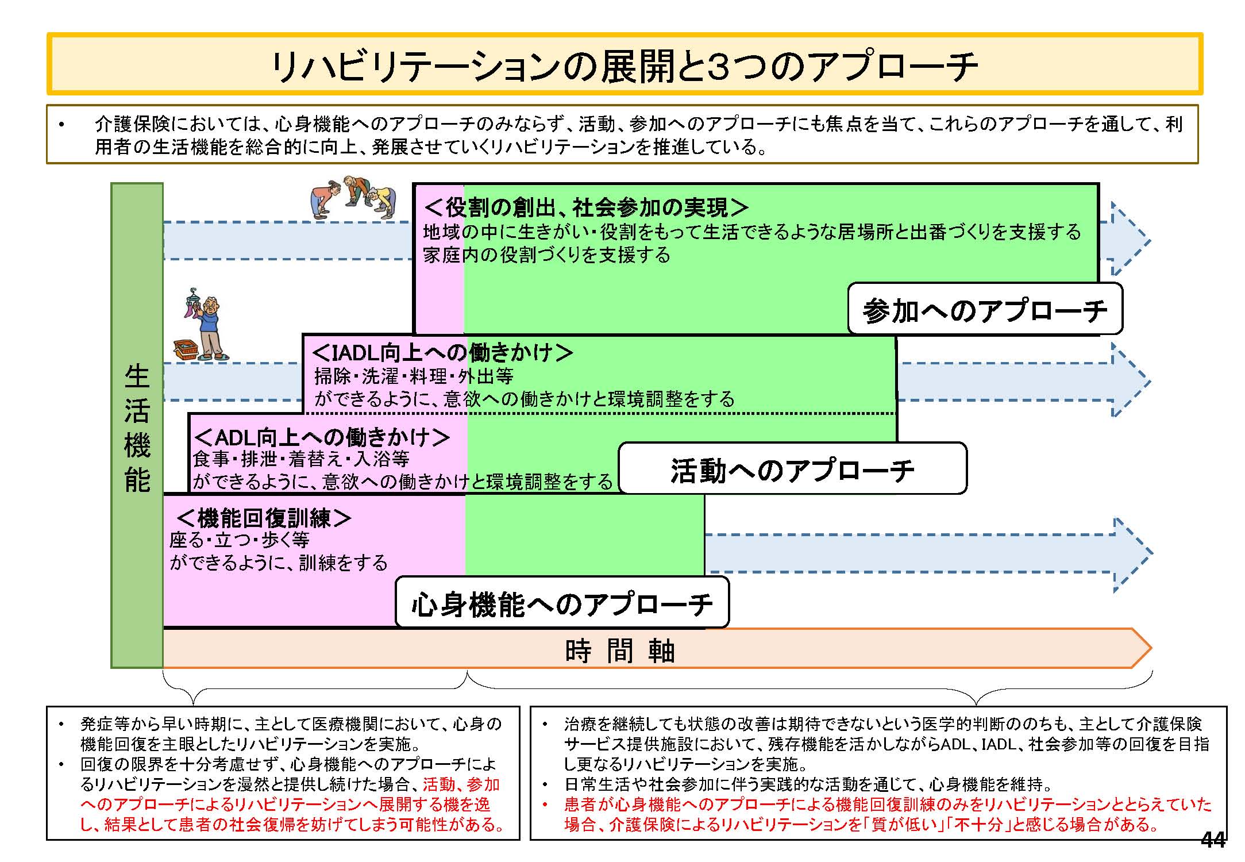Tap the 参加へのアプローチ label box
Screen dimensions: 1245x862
(985, 309)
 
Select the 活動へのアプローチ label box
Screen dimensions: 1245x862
(792, 468)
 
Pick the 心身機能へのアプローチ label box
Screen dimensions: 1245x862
(562, 603)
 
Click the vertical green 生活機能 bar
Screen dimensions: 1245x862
(137, 425)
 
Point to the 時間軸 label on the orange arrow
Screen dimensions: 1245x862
(620, 650)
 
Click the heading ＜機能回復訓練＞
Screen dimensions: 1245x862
(264, 518)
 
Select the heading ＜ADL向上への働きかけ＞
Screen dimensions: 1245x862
(322, 437)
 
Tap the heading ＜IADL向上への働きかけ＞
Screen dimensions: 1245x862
(442, 352)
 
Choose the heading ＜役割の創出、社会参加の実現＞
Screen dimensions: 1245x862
(586, 207)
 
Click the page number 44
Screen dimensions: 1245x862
(1213, 840)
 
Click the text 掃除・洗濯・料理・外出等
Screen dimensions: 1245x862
(414, 376)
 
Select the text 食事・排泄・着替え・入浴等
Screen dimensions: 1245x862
(301, 459)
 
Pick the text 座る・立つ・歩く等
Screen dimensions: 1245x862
(240, 540)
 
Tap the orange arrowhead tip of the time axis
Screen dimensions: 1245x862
(1151, 648)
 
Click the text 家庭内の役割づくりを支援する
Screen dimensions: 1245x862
(546, 255)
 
